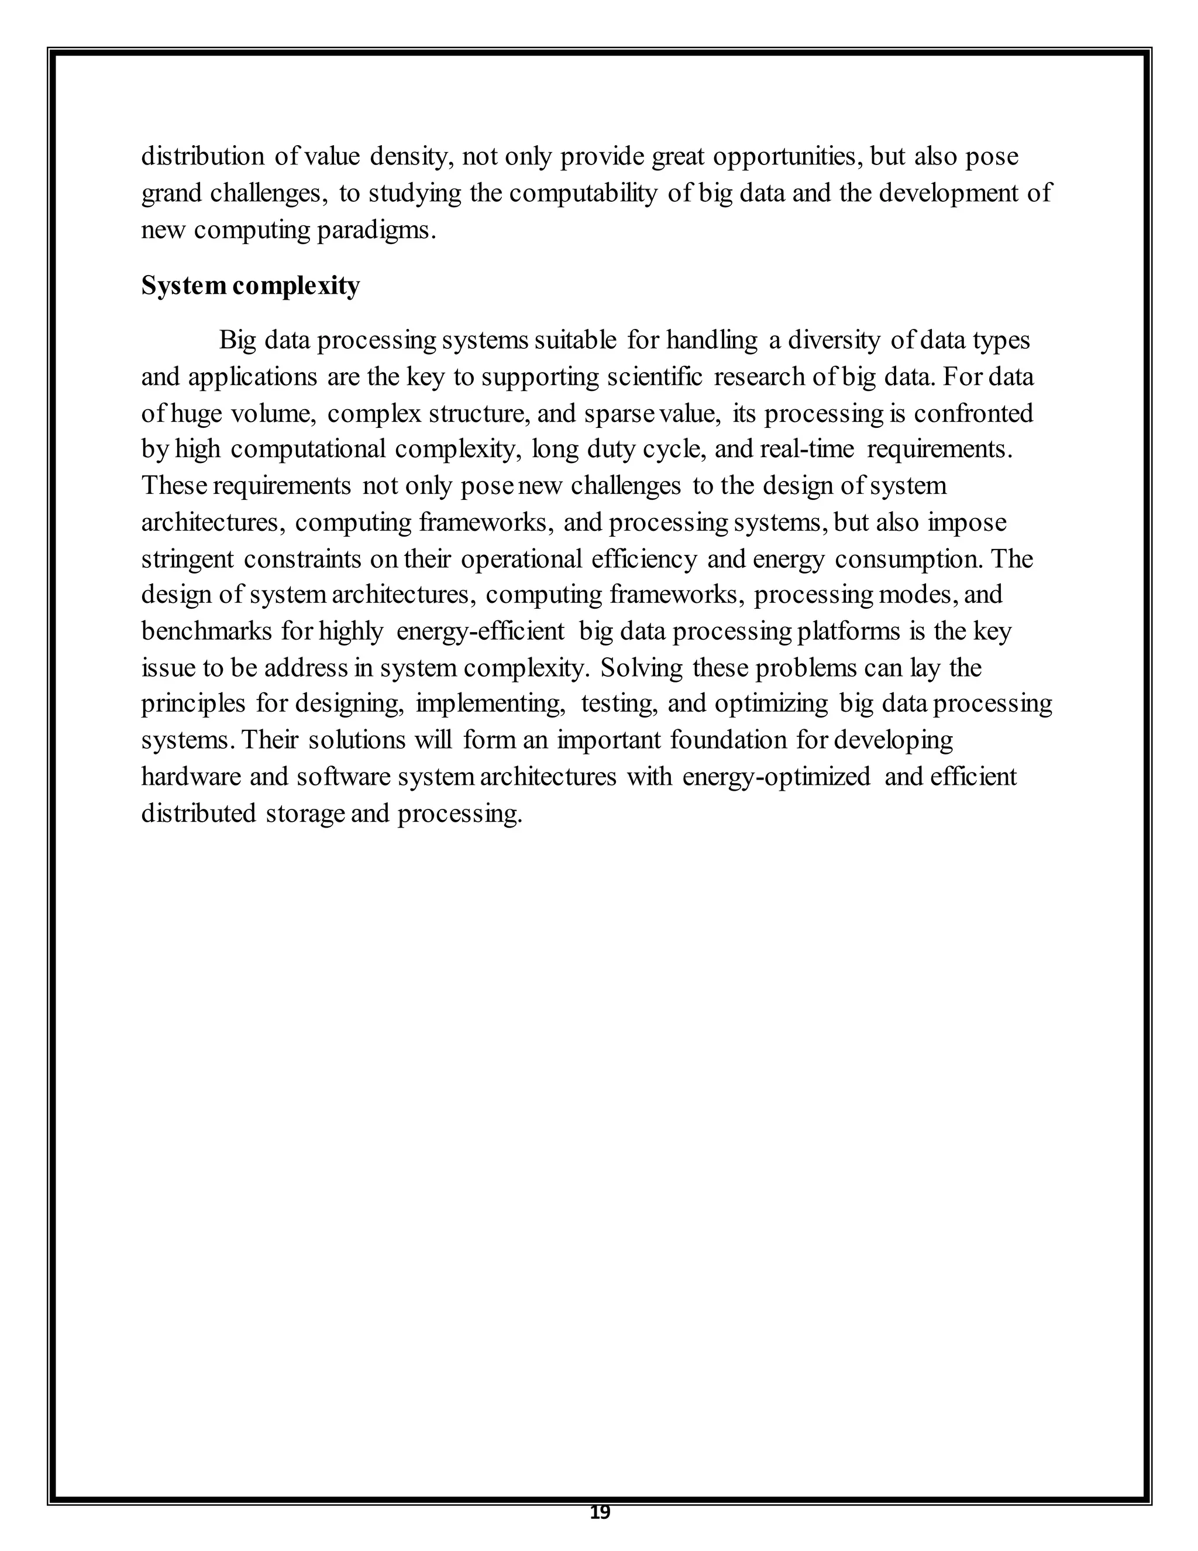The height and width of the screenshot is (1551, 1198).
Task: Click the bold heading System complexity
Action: (250, 286)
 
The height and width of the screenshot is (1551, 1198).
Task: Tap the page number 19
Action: (600, 1514)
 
